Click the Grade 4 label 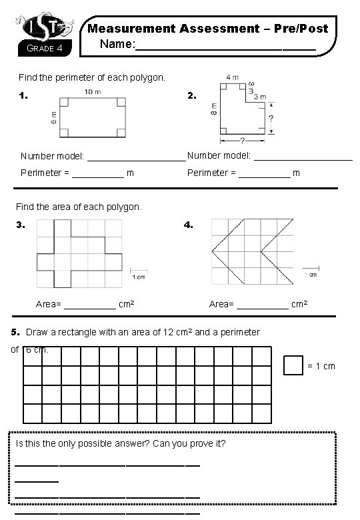click(44, 48)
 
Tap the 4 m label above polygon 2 click(231, 77)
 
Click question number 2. click(191, 96)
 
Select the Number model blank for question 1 click(136, 157)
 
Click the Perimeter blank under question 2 click(265, 175)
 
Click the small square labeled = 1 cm click(293, 365)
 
